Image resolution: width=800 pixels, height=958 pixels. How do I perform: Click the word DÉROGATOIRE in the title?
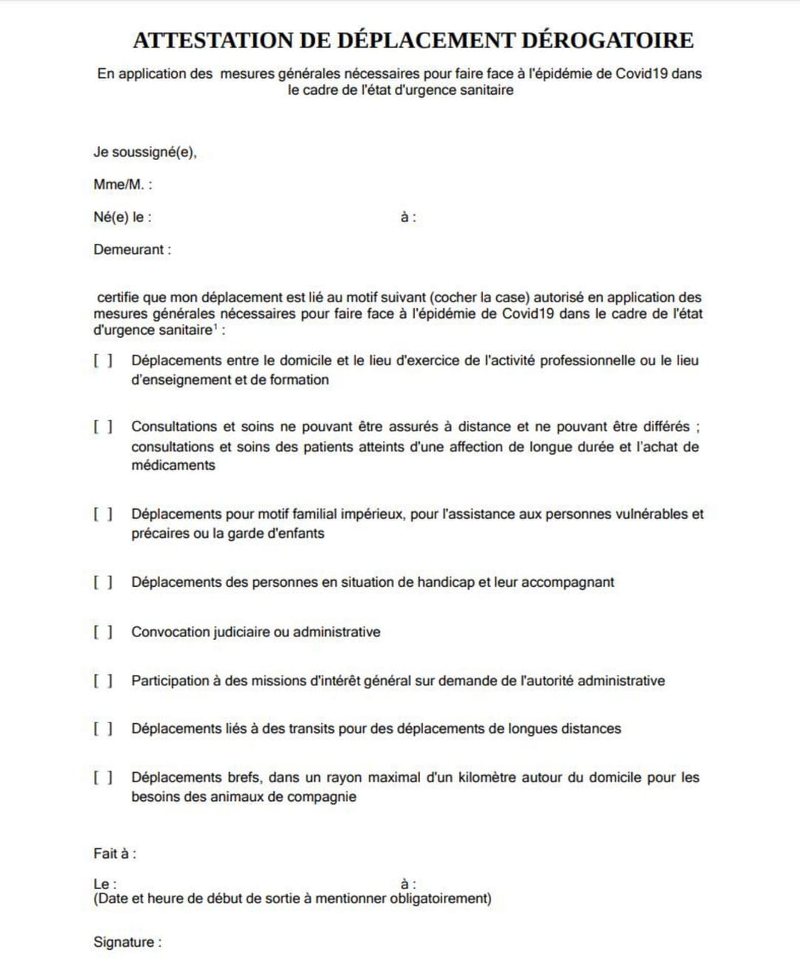pyautogui.click(x=607, y=40)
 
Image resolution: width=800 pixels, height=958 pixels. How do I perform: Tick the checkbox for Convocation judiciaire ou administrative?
pyautogui.click(x=103, y=632)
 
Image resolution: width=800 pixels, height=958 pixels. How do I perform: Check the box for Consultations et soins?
pyautogui.click(x=103, y=427)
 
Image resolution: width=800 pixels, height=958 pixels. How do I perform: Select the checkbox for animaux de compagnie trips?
pyautogui.click(x=103, y=777)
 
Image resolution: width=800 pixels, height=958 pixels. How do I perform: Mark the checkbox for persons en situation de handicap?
pyautogui.click(x=103, y=582)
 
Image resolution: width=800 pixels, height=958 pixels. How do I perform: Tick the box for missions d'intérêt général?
pyautogui.click(x=103, y=681)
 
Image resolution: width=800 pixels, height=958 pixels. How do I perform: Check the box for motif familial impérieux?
pyautogui.click(x=103, y=514)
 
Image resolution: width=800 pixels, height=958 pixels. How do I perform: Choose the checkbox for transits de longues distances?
pyautogui.click(x=103, y=729)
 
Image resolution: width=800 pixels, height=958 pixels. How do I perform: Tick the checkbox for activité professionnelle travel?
pyautogui.click(x=103, y=361)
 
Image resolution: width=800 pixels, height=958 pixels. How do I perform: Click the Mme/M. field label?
pyautogui.click(x=122, y=184)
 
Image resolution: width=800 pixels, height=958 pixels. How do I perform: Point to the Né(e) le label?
pyautogui.click(x=122, y=217)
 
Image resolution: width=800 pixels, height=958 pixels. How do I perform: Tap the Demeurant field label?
pyautogui.click(x=132, y=250)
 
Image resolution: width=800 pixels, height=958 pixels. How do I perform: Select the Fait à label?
pyautogui.click(x=114, y=854)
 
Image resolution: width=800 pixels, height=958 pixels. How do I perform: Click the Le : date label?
pyautogui.click(x=104, y=884)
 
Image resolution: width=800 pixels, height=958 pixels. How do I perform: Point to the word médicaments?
pyautogui.click(x=173, y=465)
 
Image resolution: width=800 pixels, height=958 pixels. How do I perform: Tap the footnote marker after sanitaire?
pyautogui.click(x=216, y=327)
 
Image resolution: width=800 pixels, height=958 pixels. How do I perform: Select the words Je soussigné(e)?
pyautogui.click(x=144, y=153)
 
